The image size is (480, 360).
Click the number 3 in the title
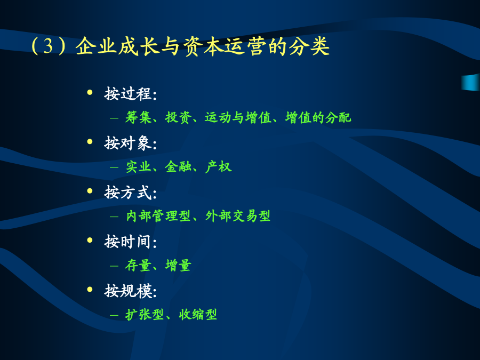coord(49,46)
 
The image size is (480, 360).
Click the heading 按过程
coord(127,94)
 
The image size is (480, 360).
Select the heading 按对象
coord(127,143)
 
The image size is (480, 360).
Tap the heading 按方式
coord(127,193)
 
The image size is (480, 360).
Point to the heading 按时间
coord(127,242)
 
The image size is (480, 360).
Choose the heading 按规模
coord(127,291)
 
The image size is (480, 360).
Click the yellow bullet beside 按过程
coord(90,92)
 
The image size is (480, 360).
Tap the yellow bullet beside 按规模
coord(90,289)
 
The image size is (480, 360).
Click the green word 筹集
coord(138,117)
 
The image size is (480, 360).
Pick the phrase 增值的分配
coord(318,117)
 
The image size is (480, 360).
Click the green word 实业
coord(138,167)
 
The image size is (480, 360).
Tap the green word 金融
coord(178,167)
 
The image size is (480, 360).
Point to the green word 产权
coord(218,167)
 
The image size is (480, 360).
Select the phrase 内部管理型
coord(158,216)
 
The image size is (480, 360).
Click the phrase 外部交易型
coord(238,216)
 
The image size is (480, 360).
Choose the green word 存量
coord(138,266)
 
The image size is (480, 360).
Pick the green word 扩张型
coord(145,315)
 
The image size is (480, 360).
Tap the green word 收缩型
coord(198,315)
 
